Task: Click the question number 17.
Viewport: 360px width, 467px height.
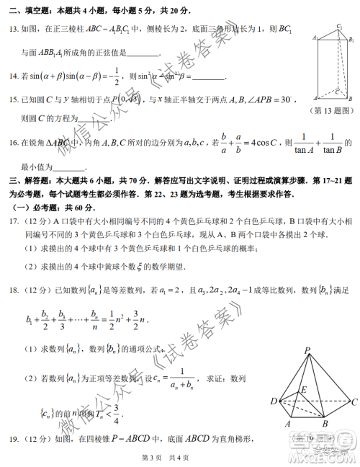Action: pos(14,221)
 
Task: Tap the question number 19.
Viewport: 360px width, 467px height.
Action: pos(14,439)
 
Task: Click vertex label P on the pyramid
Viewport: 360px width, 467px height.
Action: pos(307,351)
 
